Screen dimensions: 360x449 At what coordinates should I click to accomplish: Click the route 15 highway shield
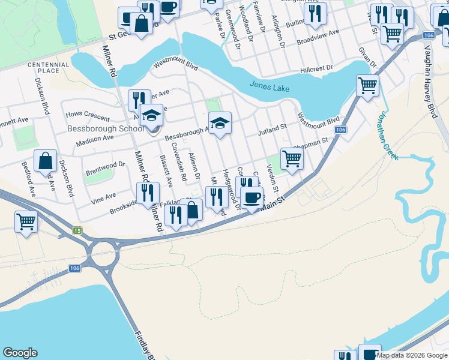point(77,230)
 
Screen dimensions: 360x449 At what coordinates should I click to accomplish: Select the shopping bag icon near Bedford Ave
point(45,161)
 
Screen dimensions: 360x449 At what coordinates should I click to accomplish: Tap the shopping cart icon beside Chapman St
point(291,159)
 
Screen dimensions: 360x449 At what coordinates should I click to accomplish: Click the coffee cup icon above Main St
point(252,196)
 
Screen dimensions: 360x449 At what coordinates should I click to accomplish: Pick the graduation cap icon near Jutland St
point(220,123)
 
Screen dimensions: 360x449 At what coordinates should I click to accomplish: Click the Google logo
point(20,353)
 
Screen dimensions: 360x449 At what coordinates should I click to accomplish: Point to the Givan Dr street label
point(367,59)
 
